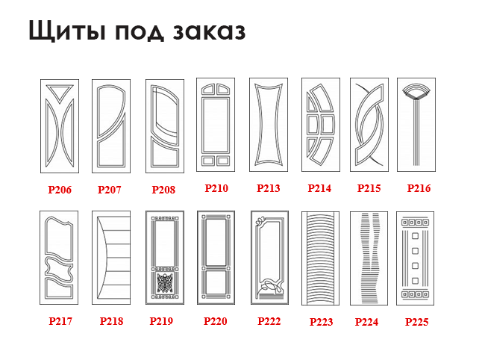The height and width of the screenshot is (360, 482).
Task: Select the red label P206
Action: (60, 190)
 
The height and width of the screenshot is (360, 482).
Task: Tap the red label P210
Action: (216, 188)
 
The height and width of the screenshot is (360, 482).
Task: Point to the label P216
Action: (419, 188)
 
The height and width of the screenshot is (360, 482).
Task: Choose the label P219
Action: (161, 321)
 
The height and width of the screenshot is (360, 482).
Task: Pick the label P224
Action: (367, 322)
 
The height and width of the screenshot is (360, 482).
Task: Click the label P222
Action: (269, 321)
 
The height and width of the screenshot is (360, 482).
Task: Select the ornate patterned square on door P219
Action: (165, 283)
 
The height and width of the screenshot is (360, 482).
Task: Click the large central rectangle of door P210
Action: (216, 125)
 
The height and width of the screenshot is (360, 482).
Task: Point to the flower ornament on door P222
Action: (260, 221)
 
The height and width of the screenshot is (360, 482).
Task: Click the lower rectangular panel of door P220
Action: (216, 282)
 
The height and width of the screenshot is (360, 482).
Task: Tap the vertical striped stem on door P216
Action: (416, 132)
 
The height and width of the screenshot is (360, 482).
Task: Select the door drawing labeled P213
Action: (269, 125)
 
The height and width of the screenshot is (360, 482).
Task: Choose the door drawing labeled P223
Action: (320, 258)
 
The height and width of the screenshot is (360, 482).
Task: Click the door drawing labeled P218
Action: (111, 258)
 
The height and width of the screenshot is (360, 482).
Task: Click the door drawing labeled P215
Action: (369, 125)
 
